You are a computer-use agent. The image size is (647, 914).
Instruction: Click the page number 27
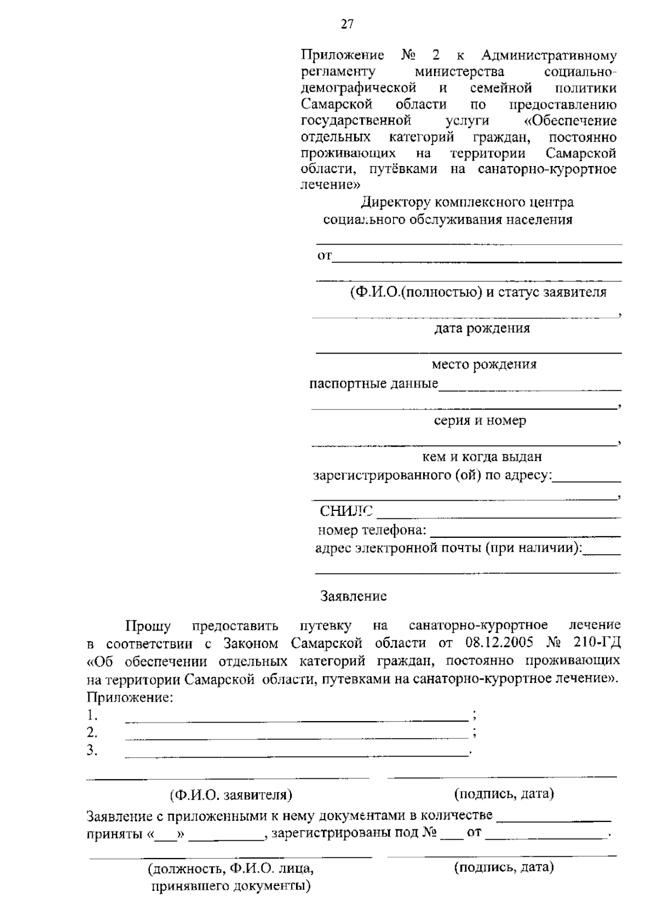coord(347,24)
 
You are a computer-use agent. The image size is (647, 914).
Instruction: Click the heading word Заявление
coord(353,596)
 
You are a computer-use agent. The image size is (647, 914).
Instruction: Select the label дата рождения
coord(482,328)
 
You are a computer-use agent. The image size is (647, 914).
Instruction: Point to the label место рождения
coord(484,364)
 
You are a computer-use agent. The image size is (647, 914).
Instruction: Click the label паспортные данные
coord(374,384)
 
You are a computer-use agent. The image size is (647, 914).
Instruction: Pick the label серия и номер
coord(480,420)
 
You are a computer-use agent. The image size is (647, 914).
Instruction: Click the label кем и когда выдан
coord(481,456)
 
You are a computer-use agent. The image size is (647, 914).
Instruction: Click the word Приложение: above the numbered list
coord(130,697)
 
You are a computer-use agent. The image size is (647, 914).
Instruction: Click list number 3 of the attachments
coord(92,750)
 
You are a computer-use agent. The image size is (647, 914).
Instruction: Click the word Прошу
coord(148,626)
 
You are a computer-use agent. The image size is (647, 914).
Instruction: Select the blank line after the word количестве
coord(553,820)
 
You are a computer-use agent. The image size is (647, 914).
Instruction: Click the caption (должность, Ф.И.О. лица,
coord(231,869)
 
